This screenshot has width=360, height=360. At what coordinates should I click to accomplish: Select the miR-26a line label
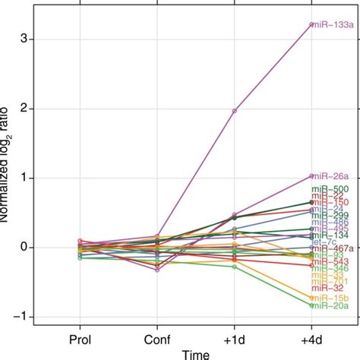[330, 176]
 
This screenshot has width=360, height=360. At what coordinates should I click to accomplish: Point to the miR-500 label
[330, 189]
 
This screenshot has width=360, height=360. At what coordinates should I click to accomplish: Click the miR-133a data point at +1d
[235, 111]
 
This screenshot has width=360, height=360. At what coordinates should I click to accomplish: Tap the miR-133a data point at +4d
[311, 25]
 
